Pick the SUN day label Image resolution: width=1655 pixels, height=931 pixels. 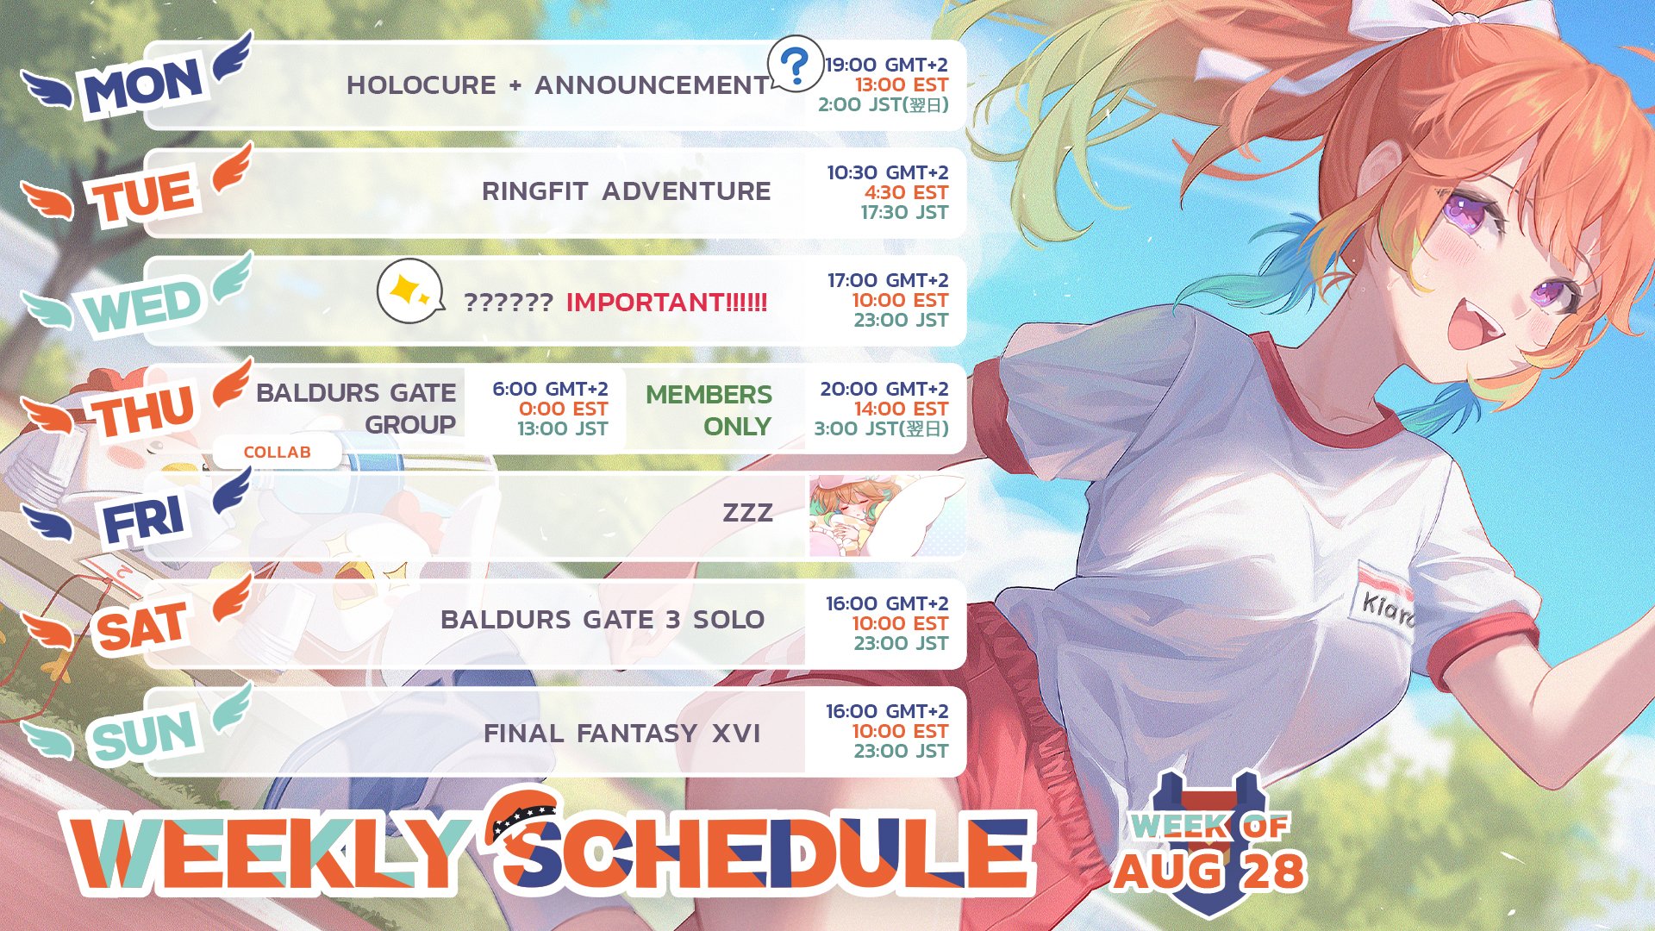[145, 735]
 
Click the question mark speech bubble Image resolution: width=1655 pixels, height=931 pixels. [795, 63]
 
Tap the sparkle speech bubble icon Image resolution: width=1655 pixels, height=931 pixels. [410, 291]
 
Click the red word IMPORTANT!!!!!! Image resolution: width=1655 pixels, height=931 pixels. [666, 303]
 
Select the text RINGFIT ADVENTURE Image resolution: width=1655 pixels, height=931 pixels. [627, 191]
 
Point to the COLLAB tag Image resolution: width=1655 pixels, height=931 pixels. [277, 453]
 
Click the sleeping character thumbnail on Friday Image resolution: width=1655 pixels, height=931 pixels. [886, 515]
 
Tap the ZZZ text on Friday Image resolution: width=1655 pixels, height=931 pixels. [747, 513]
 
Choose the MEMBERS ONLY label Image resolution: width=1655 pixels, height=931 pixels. [709, 410]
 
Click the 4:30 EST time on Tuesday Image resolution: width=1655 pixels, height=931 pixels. [906, 192]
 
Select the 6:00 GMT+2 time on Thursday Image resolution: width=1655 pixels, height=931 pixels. [550, 389]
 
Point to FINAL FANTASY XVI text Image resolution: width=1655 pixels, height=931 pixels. [621, 734]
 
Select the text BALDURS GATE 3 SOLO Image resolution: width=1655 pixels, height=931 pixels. [603, 620]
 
